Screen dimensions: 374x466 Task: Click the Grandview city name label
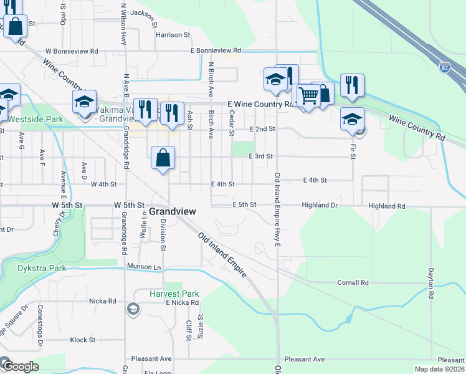(x=173, y=211)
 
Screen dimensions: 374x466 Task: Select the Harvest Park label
(x=174, y=294)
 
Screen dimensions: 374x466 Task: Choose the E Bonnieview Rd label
(x=211, y=50)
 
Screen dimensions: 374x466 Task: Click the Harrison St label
(x=172, y=35)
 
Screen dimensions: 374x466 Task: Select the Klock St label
(x=82, y=340)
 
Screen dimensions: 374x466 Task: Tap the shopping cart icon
(x=308, y=96)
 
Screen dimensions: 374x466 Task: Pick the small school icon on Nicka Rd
(x=132, y=309)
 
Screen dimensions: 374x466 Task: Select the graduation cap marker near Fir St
(x=352, y=118)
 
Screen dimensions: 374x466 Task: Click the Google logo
(x=21, y=367)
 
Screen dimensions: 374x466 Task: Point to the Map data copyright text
(x=439, y=369)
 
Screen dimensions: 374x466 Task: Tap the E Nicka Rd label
(x=176, y=302)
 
